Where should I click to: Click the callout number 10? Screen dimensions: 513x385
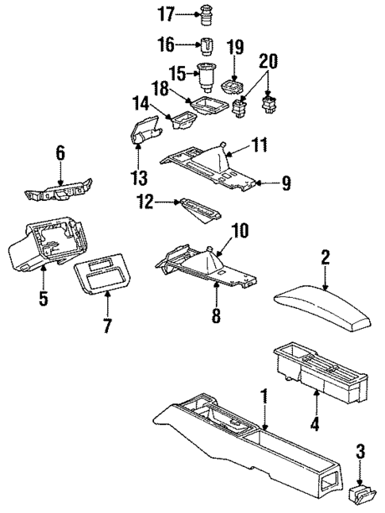(x=239, y=231)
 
